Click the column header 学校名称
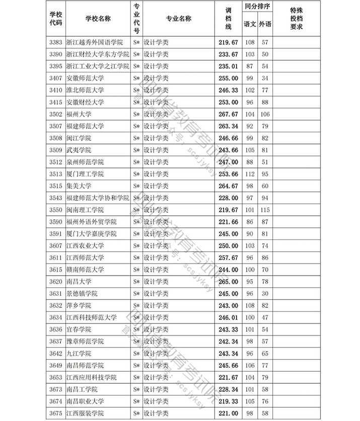[98, 19]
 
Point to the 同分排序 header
[257, 8]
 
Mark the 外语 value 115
[265, 210]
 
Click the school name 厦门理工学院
[85, 174]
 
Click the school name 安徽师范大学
[85, 78]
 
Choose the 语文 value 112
[249, 174]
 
